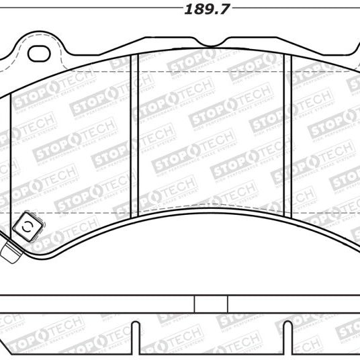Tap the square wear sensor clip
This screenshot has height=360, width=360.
coord(28,228)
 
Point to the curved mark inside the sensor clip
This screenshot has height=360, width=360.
coord(28,228)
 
